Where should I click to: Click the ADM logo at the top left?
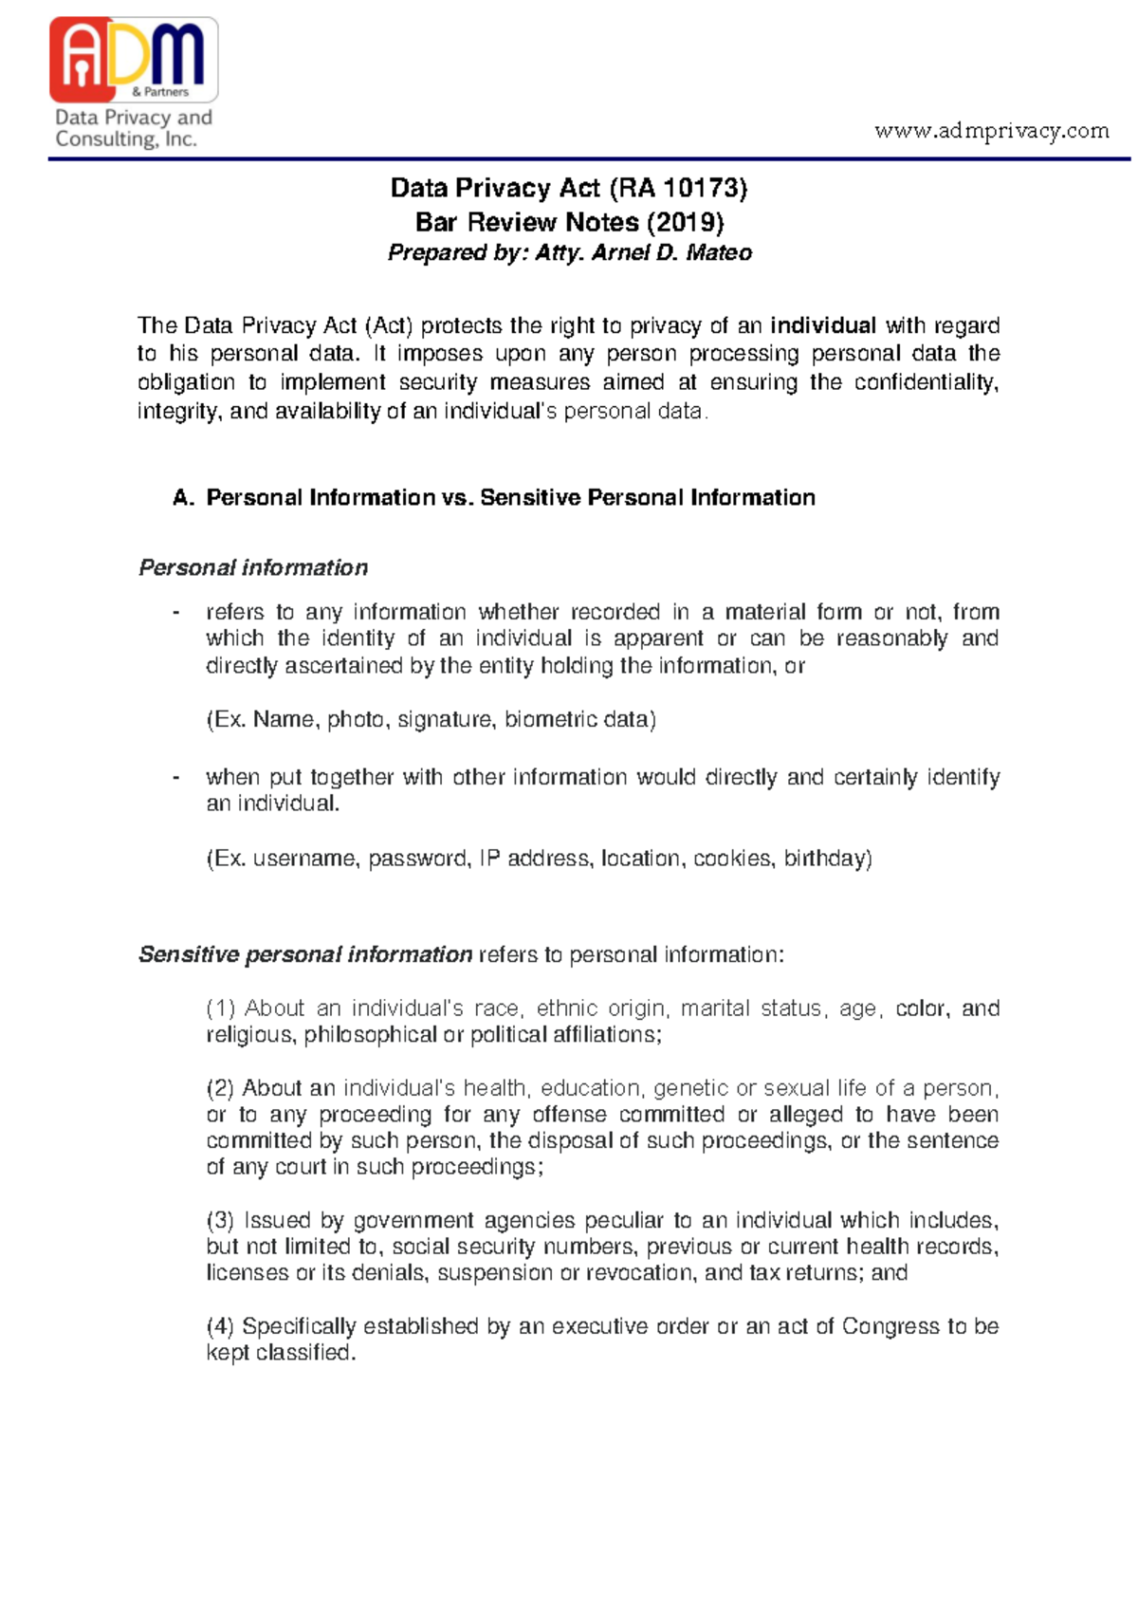(x=134, y=59)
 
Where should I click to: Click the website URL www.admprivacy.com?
(x=991, y=130)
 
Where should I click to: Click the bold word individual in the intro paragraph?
(x=822, y=326)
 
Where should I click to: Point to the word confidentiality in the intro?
(x=926, y=382)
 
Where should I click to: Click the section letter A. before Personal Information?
(x=184, y=498)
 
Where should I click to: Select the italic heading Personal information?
(x=253, y=567)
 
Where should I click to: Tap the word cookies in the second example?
(x=732, y=859)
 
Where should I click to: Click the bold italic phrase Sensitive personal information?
(x=305, y=954)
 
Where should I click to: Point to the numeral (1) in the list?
(x=220, y=1008)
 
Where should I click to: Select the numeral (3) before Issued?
(x=220, y=1220)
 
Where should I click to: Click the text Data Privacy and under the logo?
(x=133, y=118)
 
